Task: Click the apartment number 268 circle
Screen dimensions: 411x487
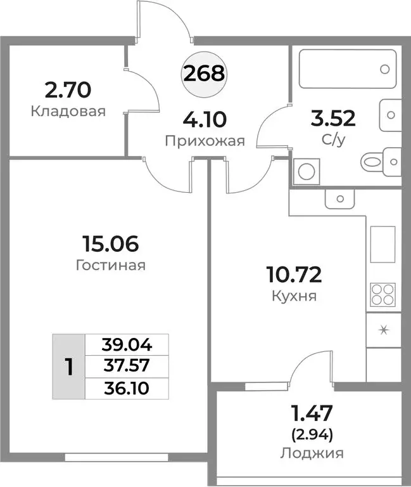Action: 204,74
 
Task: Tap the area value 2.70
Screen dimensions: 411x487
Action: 68,90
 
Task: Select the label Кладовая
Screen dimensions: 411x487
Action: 68,112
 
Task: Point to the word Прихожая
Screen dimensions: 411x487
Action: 205,141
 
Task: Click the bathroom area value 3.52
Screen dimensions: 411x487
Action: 333,119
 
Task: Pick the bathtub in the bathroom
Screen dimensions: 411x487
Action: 348,68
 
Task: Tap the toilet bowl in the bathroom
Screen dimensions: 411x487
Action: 381,162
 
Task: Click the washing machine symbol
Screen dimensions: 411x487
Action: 307,171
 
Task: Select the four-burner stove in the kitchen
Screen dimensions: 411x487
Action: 383,295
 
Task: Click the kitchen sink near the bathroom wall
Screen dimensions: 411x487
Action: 339,198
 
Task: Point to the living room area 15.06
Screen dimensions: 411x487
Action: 110,243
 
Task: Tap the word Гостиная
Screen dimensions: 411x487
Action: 110,266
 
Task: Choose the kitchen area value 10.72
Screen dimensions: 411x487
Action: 294,275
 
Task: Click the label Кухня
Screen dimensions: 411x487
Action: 294,296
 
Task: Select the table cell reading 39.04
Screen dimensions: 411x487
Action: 127,345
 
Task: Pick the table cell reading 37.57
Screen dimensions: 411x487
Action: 127,367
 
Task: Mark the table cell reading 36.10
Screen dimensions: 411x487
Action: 127,388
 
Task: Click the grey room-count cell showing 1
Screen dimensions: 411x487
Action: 68,367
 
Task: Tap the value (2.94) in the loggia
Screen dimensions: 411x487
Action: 312,436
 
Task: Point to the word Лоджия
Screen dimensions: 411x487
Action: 312,453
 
